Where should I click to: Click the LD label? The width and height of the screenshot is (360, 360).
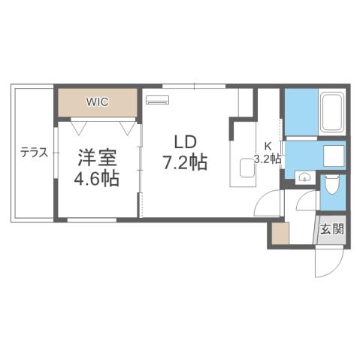tap(186, 142)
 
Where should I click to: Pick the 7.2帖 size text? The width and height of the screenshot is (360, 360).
tap(185, 162)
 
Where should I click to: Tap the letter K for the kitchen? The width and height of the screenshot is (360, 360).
tap(267, 147)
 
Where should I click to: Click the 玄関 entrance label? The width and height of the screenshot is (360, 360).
tap(334, 229)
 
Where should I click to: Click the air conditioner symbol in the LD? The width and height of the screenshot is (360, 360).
tap(158, 99)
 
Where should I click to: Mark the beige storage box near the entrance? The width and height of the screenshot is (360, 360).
tap(280, 234)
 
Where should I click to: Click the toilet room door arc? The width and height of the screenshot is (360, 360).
tap(307, 201)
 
